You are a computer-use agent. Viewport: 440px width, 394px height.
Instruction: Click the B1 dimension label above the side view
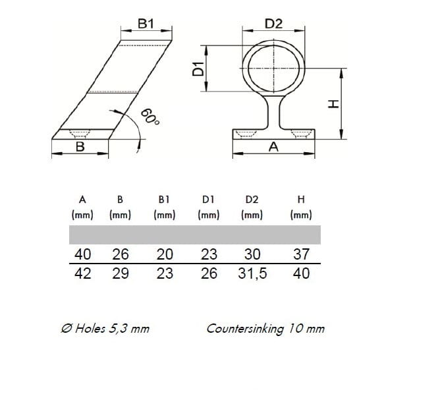(x=146, y=24)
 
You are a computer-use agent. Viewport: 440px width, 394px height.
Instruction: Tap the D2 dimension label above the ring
(x=273, y=24)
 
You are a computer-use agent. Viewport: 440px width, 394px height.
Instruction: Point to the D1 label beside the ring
(x=198, y=69)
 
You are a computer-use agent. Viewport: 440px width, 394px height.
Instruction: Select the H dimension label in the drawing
(x=334, y=104)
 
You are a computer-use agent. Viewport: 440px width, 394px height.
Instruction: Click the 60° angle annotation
(x=150, y=117)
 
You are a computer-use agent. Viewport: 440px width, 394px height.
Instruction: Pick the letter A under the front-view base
(x=273, y=147)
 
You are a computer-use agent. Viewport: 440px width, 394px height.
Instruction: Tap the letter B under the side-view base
(x=80, y=147)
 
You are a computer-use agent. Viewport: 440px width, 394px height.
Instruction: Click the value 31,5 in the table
(x=252, y=273)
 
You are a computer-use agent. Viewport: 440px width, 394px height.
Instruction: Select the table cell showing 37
(x=301, y=254)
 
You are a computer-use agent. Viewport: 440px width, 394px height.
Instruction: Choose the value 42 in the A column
(x=83, y=273)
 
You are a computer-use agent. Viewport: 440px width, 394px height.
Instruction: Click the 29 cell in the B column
(x=121, y=273)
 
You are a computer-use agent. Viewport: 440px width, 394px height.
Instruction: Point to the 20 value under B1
(x=165, y=254)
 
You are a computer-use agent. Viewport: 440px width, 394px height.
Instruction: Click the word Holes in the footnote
(x=90, y=329)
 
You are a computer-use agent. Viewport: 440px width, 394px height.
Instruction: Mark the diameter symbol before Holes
(x=67, y=329)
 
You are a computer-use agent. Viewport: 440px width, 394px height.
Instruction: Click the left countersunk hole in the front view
(x=246, y=134)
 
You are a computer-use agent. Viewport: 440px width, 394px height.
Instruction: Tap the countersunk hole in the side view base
(x=80, y=134)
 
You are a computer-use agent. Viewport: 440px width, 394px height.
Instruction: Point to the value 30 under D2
(x=252, y=254)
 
